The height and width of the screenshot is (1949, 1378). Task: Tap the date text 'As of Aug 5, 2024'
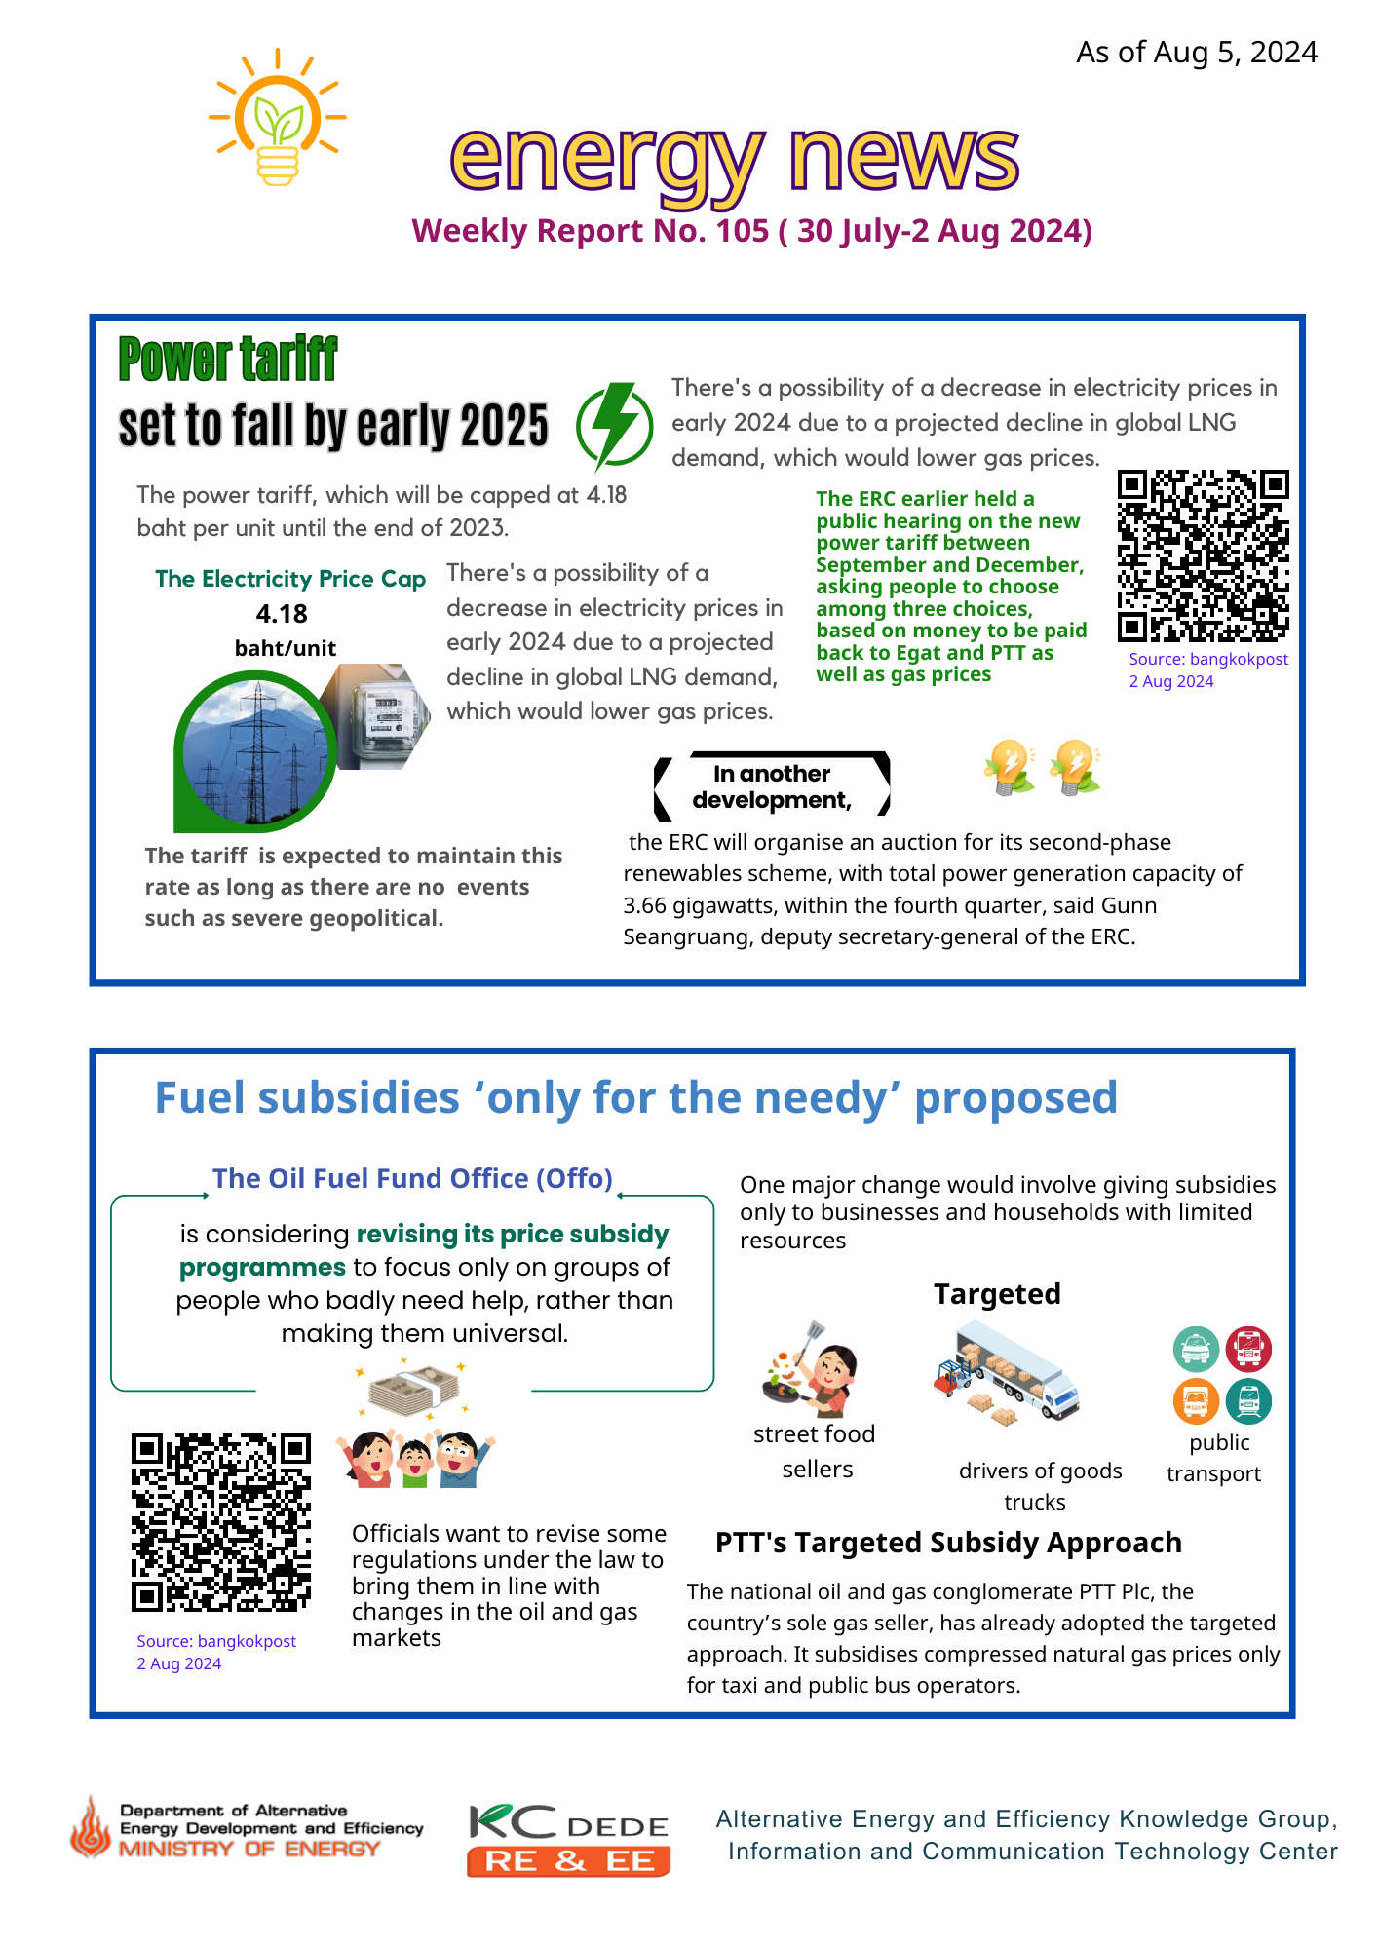pos(1196,52)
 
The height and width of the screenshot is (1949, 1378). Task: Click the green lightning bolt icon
pos(615,425)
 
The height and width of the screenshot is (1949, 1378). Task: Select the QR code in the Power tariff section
pos(1203,555)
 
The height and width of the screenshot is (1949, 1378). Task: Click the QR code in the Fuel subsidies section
pos(221,1521)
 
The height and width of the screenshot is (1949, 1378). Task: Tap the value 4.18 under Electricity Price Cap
pos(282,614)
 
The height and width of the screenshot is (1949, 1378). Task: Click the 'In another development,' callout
pos(772,786)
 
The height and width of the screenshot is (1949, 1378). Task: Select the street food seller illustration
pos(811,1369)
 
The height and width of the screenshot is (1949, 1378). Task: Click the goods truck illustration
pos(1006,1372)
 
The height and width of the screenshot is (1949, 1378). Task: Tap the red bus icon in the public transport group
pos(1247,1350)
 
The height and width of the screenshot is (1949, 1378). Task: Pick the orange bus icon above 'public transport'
pos(1196,1401)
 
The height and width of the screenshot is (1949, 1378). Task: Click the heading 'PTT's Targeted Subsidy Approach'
pos(948,1543)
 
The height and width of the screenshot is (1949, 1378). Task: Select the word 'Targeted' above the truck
pos(997,1294)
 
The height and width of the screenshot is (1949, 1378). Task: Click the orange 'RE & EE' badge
pos(568,1861)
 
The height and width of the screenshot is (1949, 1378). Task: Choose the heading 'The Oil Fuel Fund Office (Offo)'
pos(412,1178)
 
